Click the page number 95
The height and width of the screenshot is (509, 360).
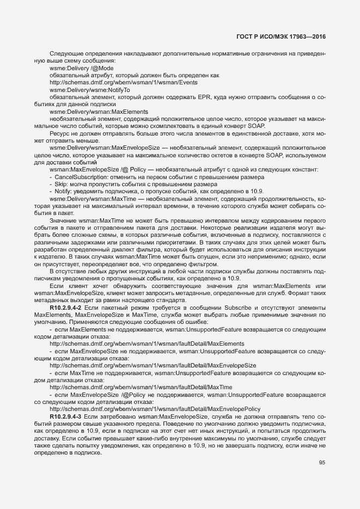pyautogui.click(x=322, y=463)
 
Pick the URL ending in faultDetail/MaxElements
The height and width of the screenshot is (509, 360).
pyautogui.click(x=147, y=344)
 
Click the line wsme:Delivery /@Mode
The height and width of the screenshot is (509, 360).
pyautogui.click(x=74, y=68)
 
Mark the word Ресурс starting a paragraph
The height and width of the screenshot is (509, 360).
pyautogui.click(x=59, y=133)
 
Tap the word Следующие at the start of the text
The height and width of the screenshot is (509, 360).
pyautogui.click(x=65, y=53)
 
